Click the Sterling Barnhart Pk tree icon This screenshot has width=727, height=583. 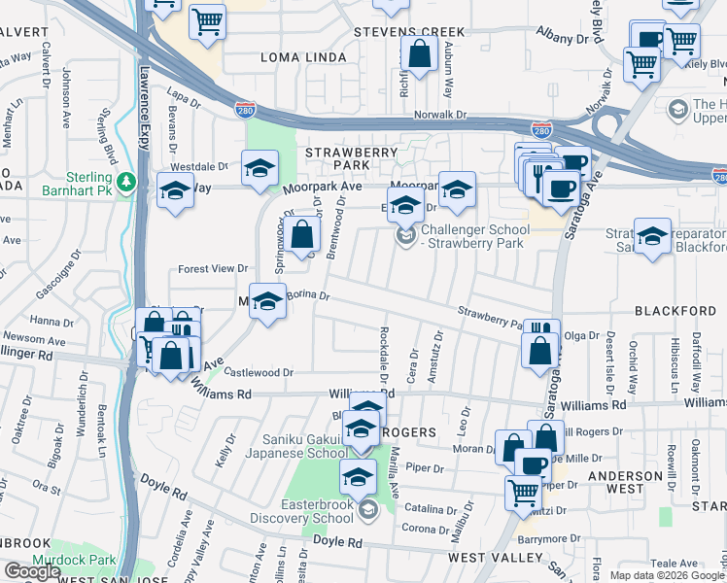pos(125,182)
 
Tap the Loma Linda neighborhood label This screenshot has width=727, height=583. pos(303,57)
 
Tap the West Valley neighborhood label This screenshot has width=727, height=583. pos(496,558)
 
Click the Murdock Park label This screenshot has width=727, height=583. pos(74,560)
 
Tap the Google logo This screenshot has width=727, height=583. pos(32,571)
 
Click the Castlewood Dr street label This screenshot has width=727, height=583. pos(259,372)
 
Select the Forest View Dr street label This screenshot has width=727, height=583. pos(213,268)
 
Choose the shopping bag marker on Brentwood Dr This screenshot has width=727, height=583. pos(303,235)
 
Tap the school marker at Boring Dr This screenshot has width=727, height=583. pos(267,301)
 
